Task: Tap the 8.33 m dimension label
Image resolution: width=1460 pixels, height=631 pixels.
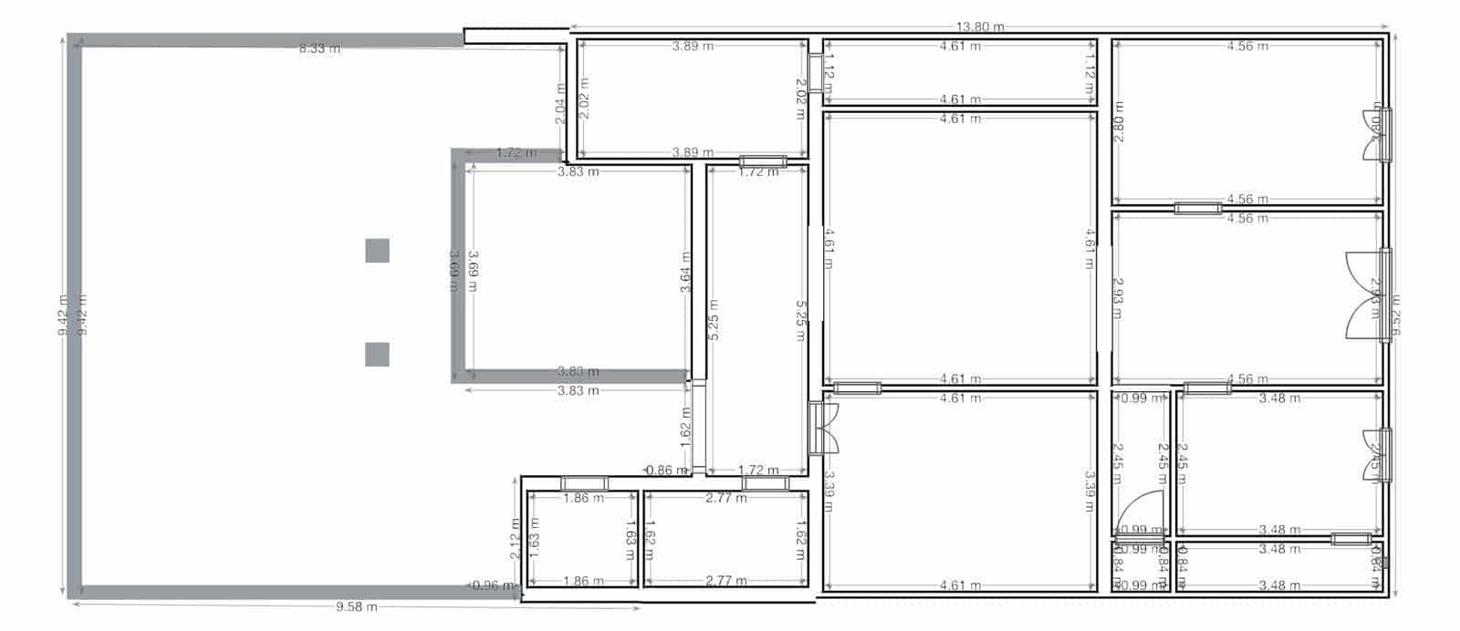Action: tap(319, 48)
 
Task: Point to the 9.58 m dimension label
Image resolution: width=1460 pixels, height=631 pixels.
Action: tap(356, 607)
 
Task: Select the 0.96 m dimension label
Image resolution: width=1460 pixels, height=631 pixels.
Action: tap(494, 585)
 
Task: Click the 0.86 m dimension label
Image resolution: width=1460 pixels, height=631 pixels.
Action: tap(666, 471)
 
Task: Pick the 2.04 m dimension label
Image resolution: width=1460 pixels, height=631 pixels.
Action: tap(560, 103)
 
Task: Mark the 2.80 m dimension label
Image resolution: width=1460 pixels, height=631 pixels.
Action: tap(1118, 128)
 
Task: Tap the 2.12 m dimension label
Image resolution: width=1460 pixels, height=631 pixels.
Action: tap(516, 538)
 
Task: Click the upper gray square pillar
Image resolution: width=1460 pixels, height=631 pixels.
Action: tap(378, 250)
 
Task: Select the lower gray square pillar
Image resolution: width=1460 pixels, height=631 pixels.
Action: tap(378, 354)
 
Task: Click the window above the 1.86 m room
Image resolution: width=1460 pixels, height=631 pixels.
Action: tap(584, 482)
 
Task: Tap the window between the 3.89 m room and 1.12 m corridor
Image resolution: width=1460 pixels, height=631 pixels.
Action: tap(815, 73)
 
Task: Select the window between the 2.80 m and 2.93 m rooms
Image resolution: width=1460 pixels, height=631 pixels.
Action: tap(1197, 208)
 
